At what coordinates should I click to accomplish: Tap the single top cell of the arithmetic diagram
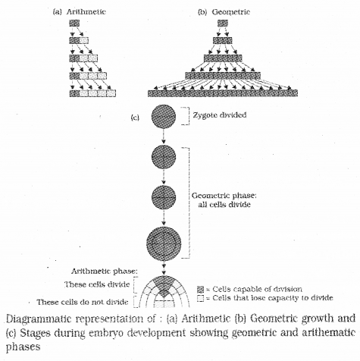(74, 24)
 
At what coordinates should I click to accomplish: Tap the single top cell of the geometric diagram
(222, 24)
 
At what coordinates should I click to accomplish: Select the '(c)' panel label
(134, 116)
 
